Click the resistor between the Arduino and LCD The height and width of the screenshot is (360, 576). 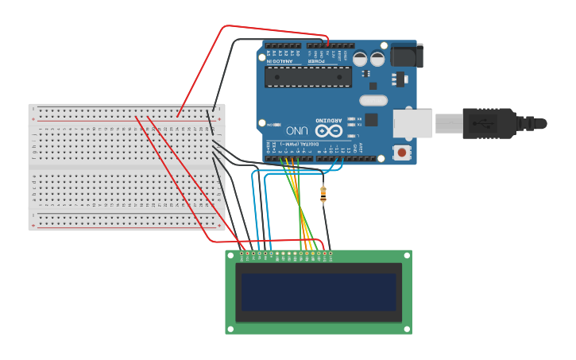(x=323, y=193)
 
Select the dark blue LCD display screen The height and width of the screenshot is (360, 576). (x=319, y=292)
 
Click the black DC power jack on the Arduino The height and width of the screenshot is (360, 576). (x=407, y=55)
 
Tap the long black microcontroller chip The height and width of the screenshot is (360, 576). (x=307, y=76)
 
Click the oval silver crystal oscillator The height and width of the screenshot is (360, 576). (x=373, y=100)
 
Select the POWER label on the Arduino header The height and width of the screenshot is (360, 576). (x=316, y=60)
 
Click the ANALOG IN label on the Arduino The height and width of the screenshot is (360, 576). (x=280, y=60)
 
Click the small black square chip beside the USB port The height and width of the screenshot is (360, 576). (x=370, y=119)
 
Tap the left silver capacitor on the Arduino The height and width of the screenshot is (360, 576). (x=360, y=58)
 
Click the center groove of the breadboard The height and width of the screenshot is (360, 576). (x=127, y=167)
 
